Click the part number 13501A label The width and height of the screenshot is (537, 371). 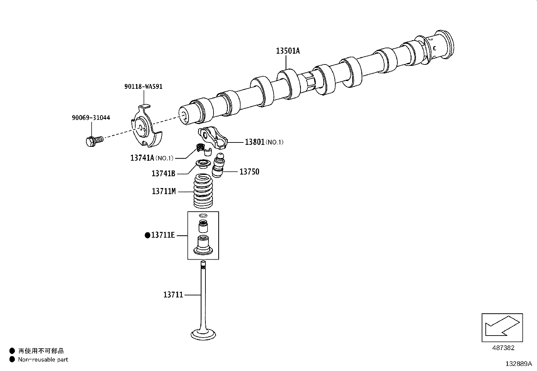[x=288, y=51]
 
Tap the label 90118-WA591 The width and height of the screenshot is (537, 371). [x=143, y=86]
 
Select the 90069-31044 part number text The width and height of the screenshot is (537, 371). [x=91, y=118]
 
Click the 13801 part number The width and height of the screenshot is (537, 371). [x=255, y=142]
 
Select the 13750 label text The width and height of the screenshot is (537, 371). [x=249, y=172]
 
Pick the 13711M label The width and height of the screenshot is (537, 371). [x=164, y=191]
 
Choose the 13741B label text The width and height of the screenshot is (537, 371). [x=163, y=174]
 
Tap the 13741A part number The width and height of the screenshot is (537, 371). [x=142, y=158]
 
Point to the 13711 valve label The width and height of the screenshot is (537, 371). [x=173, y=295]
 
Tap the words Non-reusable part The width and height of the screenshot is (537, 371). [x=43, y=360]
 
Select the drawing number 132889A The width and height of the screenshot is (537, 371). [x=518, y=364]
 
